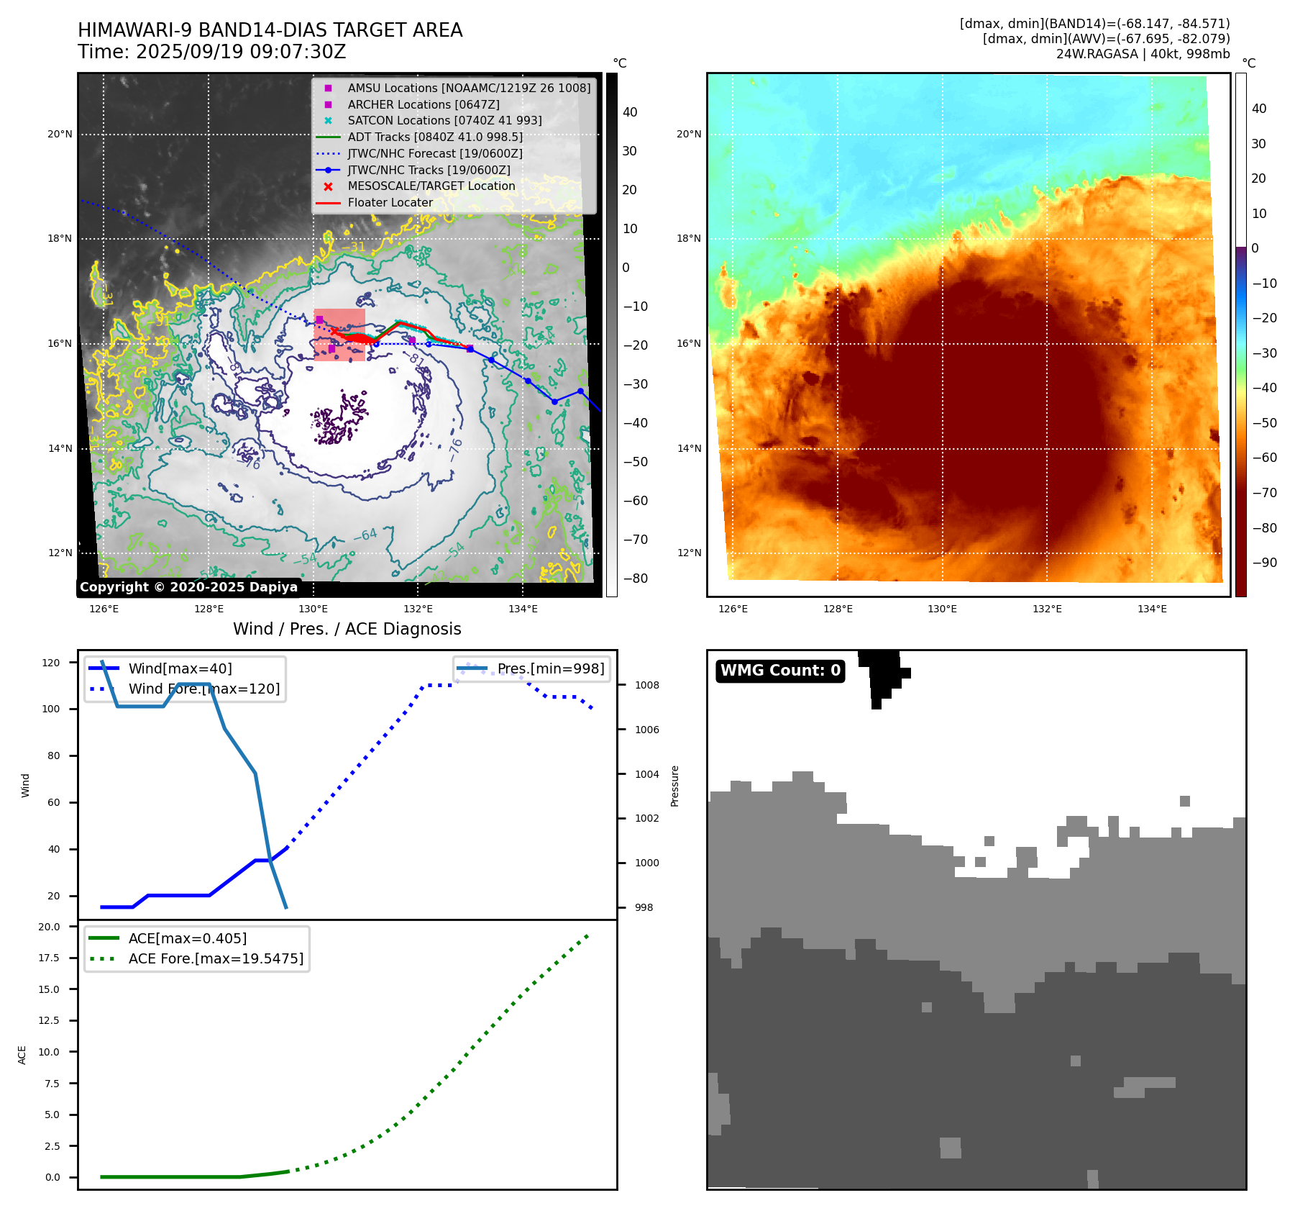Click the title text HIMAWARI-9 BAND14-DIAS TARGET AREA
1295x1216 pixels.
coord(270,30)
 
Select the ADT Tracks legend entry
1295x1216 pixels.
coord(434,137)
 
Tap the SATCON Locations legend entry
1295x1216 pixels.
coord(444,121)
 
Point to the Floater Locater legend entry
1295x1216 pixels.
coord(390,203)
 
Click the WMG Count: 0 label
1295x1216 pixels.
coord(780,671)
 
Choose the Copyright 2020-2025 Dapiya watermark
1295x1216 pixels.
coord(188,587)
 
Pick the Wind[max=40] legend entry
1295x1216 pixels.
coord(180,668)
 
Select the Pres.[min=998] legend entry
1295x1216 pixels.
coord(550,668)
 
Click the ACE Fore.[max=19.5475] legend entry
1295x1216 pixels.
coord(215,958)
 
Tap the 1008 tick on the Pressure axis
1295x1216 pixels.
coord(646,685)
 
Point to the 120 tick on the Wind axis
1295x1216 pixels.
coord(51,663)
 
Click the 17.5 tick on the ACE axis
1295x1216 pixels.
coord(49,958)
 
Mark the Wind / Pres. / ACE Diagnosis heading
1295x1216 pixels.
coord(347,629)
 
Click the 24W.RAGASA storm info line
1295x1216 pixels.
coord(1143,54)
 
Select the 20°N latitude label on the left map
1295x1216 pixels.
coord(60,135)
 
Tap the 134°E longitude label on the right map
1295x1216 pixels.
coord(1152,609)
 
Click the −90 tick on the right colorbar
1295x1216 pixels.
coord(1264,563)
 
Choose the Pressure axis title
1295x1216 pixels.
coord(674,786)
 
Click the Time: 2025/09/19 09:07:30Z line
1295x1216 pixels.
coord(211,52)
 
